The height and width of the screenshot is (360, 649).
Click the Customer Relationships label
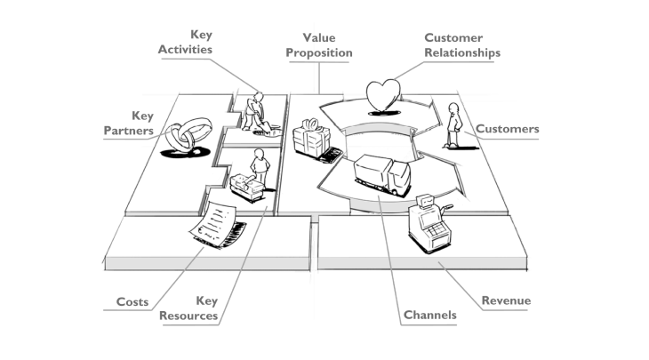point(461,45)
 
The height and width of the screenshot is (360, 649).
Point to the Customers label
point(507,129)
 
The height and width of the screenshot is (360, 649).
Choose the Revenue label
point(505,300)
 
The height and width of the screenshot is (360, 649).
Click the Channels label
point(429,315)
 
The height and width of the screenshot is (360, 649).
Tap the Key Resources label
point(188,308)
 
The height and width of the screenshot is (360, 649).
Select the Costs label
point(132,302)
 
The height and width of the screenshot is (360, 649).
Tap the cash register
point(425,221)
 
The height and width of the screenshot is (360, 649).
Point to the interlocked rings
point(182,138)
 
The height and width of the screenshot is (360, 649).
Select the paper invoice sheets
point(216,226)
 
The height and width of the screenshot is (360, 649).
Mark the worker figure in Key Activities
point(254,110)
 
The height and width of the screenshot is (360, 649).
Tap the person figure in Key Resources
point(259,164)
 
